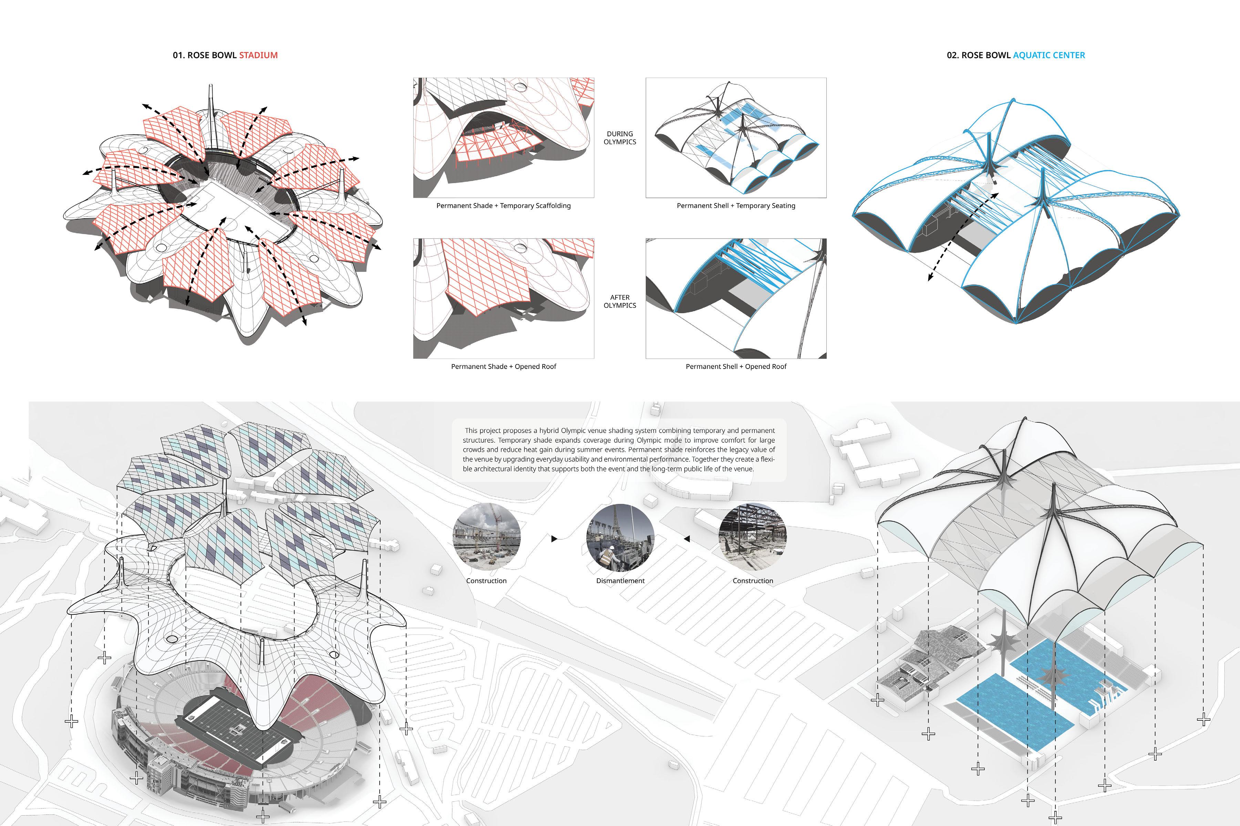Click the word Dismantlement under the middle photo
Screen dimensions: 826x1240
(620, 581)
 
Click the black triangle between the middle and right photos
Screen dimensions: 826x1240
(687, 539)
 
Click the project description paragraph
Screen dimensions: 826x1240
(619, 450)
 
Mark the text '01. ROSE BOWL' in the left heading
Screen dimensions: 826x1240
(205, 55)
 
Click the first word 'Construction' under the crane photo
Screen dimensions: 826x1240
(486, 581)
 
